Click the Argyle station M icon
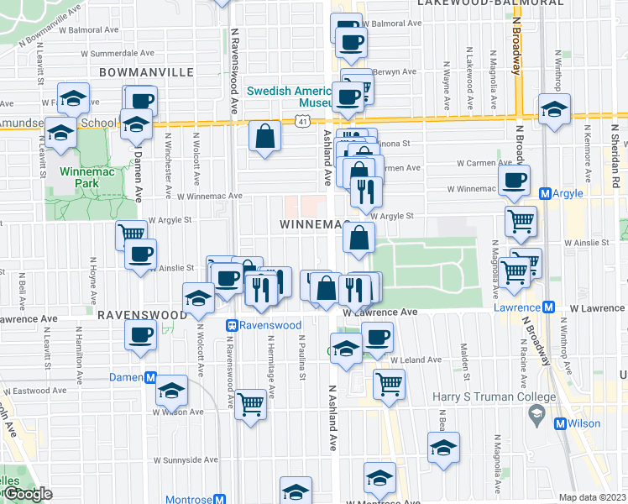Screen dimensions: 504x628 click(x=547, y=194)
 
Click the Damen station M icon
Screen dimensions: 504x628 click(x=151, y=378)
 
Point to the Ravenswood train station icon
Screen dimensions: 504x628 click(x=232, y=325)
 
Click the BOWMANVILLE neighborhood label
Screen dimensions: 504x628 click(x=146, y=73)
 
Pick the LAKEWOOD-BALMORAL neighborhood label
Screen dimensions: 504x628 click(x=490, y=3)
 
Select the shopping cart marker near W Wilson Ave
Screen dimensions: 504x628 click(x=251, y=405)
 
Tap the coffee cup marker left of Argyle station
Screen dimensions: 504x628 click(x=514, y=180)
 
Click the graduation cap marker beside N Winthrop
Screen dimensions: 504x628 click(x=554, y=111)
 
